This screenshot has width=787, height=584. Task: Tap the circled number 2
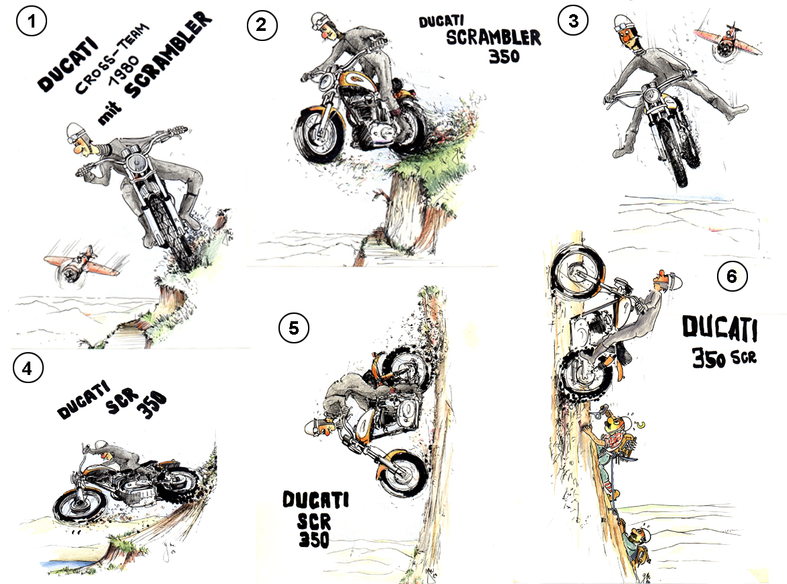tap(260, 25)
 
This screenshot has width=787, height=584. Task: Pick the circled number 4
tap(28, 368)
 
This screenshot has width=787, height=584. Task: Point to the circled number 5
tap(293, 327)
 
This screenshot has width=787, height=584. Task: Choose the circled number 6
tap(732, 276)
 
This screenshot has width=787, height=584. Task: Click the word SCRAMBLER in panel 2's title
tap(493, 38)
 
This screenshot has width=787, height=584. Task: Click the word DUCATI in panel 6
tap(720, 329)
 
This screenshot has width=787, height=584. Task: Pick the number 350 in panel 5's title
tap(313, 539)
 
